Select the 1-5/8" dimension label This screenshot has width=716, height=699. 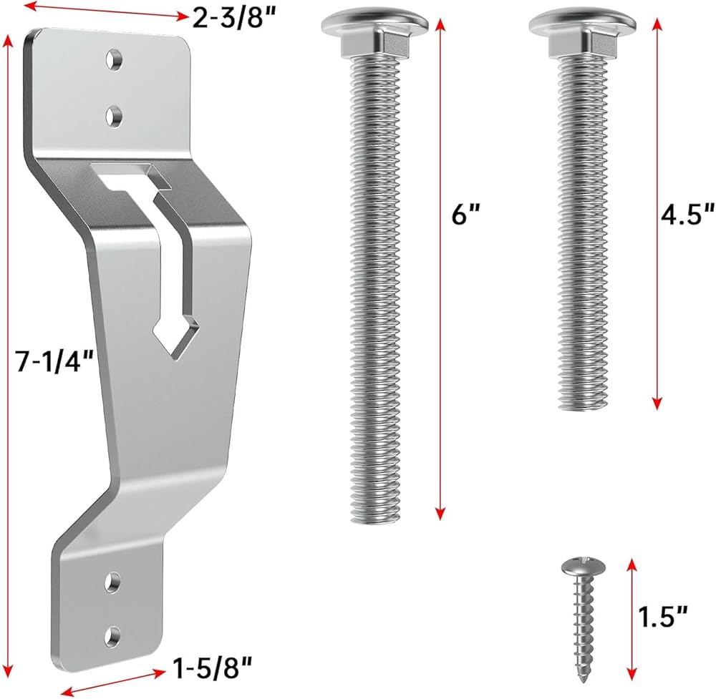click(213, 669)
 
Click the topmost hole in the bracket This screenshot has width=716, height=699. click(114, 59)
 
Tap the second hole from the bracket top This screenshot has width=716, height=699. click(114, 117)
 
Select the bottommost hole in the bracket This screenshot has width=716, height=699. click(113, 637)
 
